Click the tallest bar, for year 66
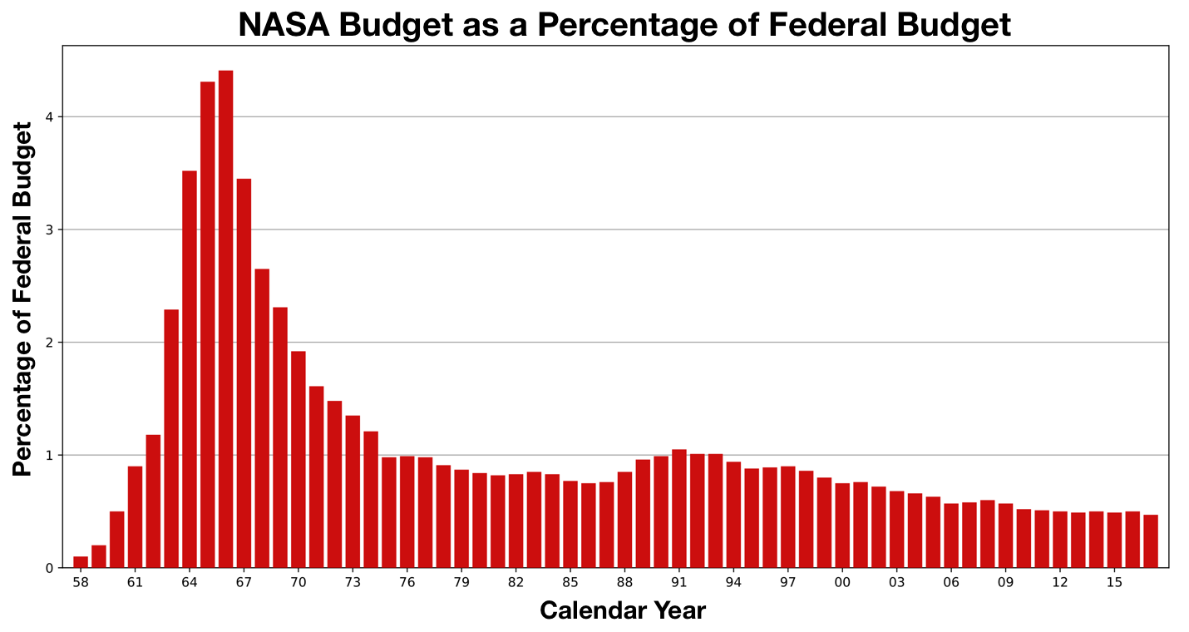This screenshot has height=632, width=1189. pyautogui.click(x=225, y=319)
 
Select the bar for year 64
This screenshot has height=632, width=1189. pyautogui.click(x=190, y=369)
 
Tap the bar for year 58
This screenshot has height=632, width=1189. pyautogui.click(x=81, y=562)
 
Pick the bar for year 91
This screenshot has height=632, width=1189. pyautogui.click(x=679, y=509)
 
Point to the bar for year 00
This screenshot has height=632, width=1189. pyautogui.click(x=842, y=526)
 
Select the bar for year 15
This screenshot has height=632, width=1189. pyautogui.click(x=1114, y=541)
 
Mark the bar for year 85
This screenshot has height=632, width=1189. pyautogui.click(x=570, y=524)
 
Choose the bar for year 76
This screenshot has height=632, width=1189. pyautogui.click(x=407, y=512)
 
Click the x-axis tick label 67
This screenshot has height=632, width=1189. pyautogui.click(x=244, y=582)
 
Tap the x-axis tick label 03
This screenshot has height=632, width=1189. pyautogui.click(x=896, y=582)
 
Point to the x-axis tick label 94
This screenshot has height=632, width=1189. pyautogui.click(x=733, y=582)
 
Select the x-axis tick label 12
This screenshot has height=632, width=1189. pyautogui.click(x=1060, y=582)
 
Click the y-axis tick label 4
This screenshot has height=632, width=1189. pyautogui.click(x=50, y=117)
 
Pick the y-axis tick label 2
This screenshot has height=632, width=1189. pyautogui.click(x=50, y=343)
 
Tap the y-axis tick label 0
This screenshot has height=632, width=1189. pyautogui.click(x=50, y=569)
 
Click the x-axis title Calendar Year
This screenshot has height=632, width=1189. pyautogui.click(x=623, y=611)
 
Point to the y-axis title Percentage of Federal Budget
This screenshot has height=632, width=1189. pyautogui.click(x=23, y=299)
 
